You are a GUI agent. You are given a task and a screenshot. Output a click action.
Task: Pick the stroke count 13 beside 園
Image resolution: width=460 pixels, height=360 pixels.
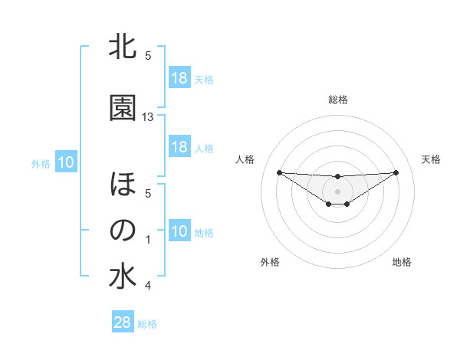tap(148, 117)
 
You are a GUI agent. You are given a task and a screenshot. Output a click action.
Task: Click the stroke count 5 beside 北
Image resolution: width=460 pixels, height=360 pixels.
tap(148, 56)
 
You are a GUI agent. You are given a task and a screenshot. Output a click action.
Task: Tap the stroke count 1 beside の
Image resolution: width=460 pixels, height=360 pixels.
tap(148, 240)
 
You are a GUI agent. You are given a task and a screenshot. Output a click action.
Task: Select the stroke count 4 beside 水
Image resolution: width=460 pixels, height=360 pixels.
tap(148, 286)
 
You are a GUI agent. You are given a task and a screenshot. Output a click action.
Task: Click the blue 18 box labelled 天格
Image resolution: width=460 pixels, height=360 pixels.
tap(179, 78)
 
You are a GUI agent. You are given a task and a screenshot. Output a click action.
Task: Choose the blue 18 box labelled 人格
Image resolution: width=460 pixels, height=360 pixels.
tap(179, 147)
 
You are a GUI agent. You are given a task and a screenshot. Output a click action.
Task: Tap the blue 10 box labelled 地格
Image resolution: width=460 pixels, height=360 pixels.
tap(179, 231)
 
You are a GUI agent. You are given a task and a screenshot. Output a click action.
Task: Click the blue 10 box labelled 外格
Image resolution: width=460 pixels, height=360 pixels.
tap(66, 162)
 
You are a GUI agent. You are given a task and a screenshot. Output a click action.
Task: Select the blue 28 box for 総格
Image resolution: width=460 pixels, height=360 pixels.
tap(123, 322)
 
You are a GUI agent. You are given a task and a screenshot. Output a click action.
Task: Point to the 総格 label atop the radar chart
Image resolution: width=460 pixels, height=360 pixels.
tap(338, 100)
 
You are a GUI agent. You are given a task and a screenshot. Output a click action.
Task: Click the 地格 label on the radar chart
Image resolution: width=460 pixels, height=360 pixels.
tap(402, 263)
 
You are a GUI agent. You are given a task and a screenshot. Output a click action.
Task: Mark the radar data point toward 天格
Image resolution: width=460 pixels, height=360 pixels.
tap(396, 172)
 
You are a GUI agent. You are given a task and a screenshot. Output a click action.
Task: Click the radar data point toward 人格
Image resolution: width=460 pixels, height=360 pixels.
tap(279, 172)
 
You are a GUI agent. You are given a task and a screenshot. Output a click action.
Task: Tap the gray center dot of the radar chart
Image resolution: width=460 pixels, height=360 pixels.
tap(337, 191)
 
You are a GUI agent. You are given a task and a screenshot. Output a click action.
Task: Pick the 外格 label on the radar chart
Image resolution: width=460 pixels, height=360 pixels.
tap(270, 263)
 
